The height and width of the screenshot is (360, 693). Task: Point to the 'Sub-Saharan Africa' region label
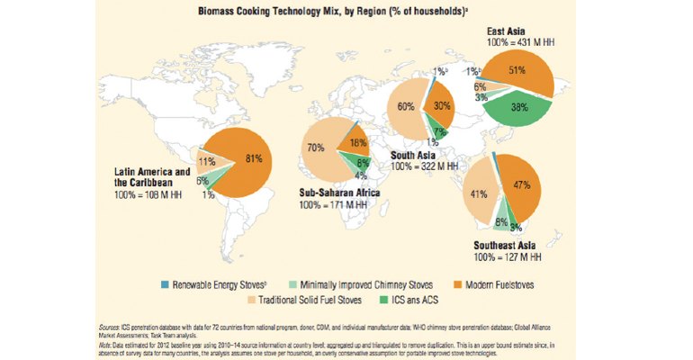click(x=338, y=193)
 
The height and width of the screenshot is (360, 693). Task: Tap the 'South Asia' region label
click(x=413, y=155)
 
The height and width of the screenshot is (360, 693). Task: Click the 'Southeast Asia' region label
click(x=504, y=243)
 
